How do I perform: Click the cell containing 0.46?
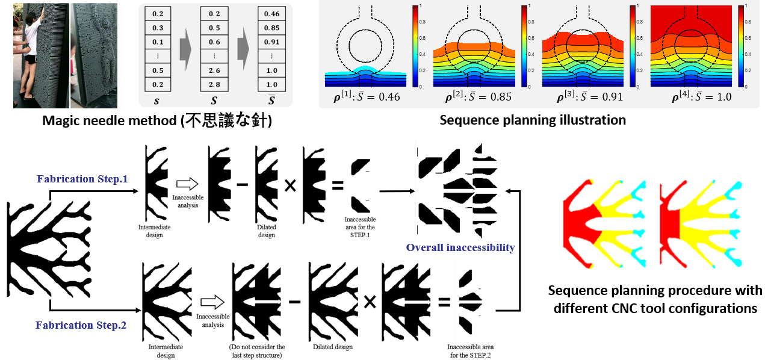271,14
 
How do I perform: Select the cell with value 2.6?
214,70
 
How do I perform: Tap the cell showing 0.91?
271,42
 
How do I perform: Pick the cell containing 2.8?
214,84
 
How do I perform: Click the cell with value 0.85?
271,28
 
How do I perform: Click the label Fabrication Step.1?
82,179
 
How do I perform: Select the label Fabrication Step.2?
81,325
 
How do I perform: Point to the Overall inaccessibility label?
460,247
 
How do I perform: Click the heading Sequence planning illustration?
533,120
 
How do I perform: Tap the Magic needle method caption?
157,120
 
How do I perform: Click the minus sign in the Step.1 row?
243,185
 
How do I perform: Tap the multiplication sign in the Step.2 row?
370,302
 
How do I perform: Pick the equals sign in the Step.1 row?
338,186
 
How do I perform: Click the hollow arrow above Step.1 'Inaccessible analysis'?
187,184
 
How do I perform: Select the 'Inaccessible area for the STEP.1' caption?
360,227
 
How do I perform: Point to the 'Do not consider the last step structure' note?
257,351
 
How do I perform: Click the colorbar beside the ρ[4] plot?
741,46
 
